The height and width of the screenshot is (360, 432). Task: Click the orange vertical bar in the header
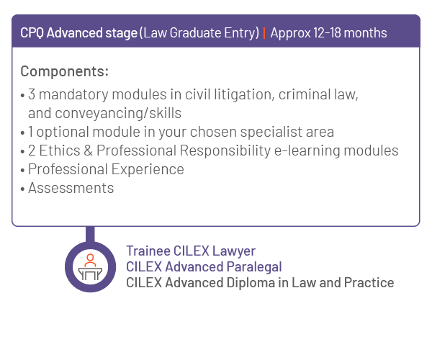pyautogui.click(x=264, y=33)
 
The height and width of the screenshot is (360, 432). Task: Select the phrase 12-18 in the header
pyautogui.click(x=327, y=33)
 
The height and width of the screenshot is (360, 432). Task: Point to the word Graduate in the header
pyautogui.click(x=195, y=33)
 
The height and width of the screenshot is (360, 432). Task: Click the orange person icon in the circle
pyautogui.click(x=90, y=261)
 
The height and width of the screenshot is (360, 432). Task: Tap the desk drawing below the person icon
pyautogui.click(x=91, y=274)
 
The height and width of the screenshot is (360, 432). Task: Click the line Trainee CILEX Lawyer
pyautogui.click(x=191, y=251)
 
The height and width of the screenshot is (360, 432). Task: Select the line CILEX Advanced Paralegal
pyautogui.click(x=204, y=266)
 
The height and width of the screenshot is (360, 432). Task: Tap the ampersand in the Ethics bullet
pyautogui.click(x=88, y=150)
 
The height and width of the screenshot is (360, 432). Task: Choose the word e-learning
pyautogui.click(x=307, y=150)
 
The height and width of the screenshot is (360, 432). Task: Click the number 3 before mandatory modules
pyautogui.click(x=32, y=94)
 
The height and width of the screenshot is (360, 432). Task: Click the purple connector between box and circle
pyautogui.click(x=90, y=235)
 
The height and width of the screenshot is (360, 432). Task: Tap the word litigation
pyautogui.click(x=244, y=94)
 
